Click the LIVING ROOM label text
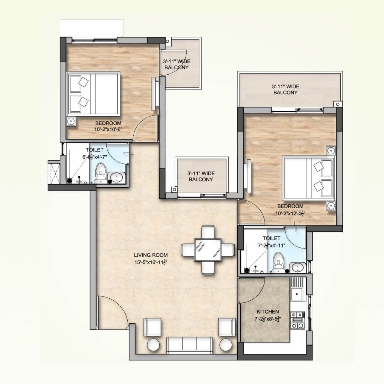pos(151,255)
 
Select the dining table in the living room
pos(208,250)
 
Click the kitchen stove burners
pos(297,320)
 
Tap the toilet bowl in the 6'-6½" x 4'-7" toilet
pos(101,171)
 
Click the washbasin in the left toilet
pos(117,177)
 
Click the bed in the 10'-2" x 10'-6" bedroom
pos(94,94)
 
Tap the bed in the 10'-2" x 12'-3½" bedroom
pos(308,177)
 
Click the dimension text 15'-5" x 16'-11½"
pos(151,263)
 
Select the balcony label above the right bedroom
pos(285,89)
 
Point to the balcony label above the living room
pos(201,176)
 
